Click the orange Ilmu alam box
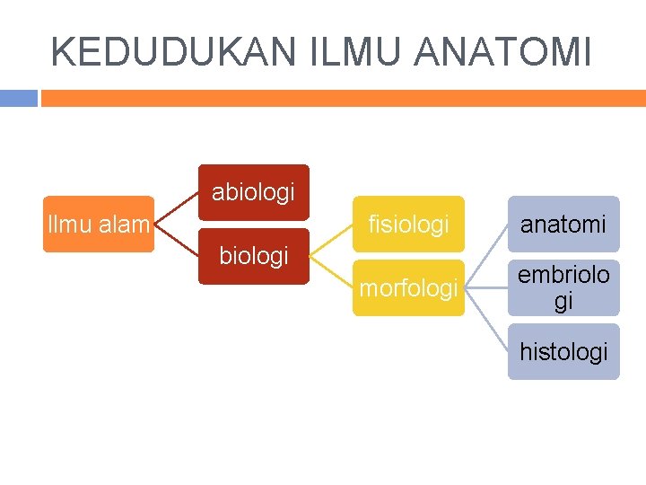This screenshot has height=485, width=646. (99, 225)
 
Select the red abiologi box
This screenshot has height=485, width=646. (253, 192)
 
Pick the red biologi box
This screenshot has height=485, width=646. (253, 257)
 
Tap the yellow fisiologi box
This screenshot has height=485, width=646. (408, 225)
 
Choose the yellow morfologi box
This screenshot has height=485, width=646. (408, 289)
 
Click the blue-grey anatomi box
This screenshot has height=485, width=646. (563, 225)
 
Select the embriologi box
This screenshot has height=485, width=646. (563, 288)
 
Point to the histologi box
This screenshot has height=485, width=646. (563, 352)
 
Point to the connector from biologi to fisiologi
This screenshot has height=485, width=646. (331, 241)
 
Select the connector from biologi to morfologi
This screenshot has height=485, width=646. (331, 273)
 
